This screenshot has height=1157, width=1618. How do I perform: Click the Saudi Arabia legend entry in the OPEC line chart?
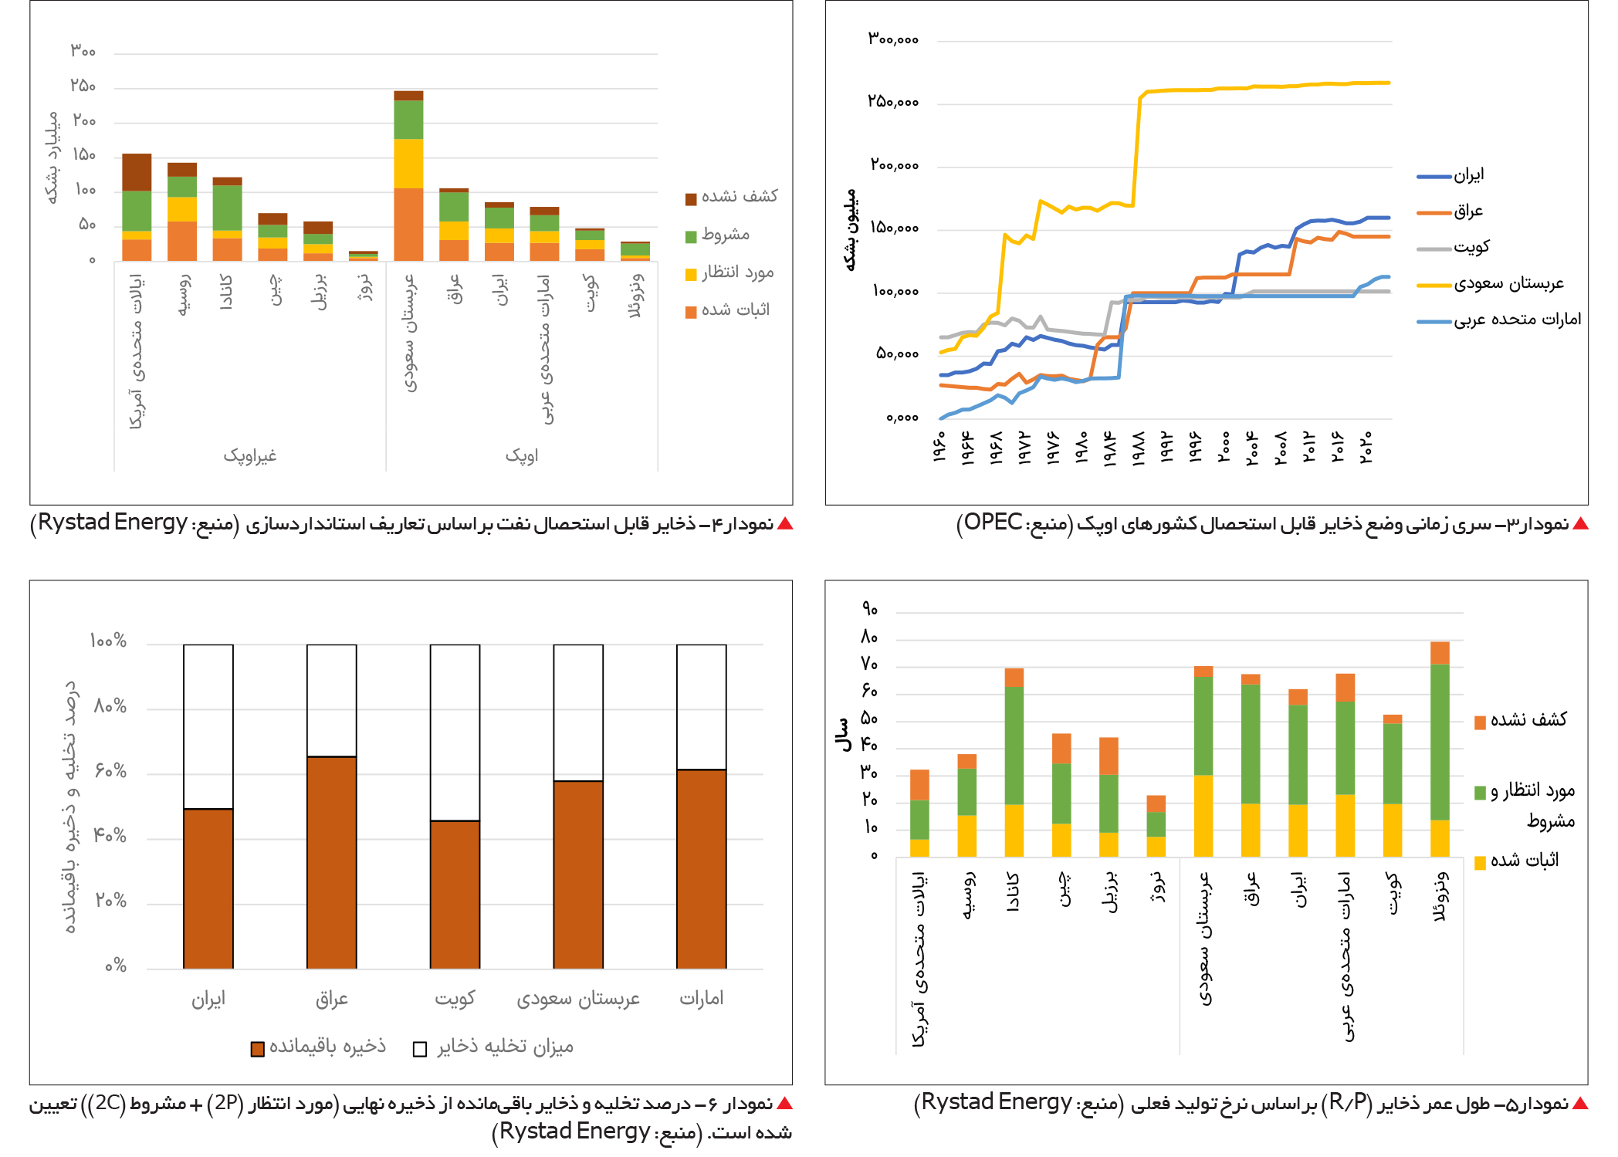[x=1490, y=283]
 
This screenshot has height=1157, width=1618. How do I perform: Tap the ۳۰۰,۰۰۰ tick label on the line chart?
[x=892, y=39]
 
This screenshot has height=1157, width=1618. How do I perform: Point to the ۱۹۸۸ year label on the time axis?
[x=1138, y=448]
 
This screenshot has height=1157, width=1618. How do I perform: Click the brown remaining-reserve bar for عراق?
[x=332, y=862]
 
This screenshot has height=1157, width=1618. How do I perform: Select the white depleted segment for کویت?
[x=455, y=732]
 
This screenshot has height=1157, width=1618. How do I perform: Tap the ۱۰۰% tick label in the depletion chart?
[x=108, y=641]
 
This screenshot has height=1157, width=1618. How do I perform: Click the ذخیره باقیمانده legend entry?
[x=318, y=1047]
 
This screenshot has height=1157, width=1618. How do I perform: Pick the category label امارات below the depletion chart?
[x=701, y=998]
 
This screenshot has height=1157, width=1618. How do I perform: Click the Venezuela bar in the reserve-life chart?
[x=1440, y=749]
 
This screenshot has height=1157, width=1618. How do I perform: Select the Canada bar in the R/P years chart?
[x=1014, y=763]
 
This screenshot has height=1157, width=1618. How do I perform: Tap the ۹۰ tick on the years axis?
[x=870, y=609]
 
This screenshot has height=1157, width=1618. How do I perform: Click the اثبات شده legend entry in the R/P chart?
[x=1516, y=861]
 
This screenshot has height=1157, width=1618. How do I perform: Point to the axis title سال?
[x=843, y=735]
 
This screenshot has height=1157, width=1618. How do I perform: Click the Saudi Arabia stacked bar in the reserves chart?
[x=408, y=176]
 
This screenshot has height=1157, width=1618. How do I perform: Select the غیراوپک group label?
[x=250, y=455]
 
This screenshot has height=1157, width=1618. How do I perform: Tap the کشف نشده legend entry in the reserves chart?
[x=731, y=197]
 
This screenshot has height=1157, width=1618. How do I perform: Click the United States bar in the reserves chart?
[x=137, y=208]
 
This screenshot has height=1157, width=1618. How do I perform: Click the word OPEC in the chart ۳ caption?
[x=993, y=523]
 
